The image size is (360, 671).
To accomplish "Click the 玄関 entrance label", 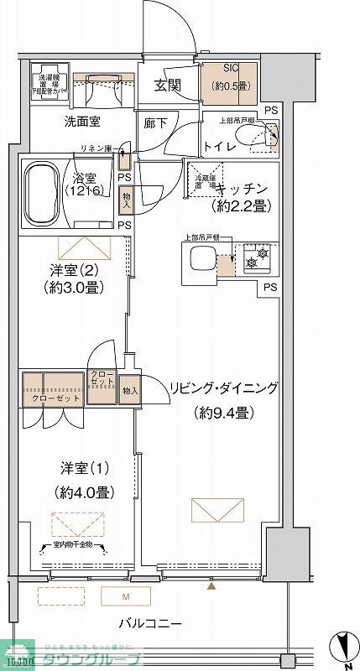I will point(168,86).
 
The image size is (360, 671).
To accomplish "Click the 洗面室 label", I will point(83,122).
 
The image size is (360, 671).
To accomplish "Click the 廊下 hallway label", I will point(155,122).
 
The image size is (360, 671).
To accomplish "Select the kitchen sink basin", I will point(202,260).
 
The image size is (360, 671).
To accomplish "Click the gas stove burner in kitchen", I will point(260,256).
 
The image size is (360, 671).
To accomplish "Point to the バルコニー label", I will point(150,624).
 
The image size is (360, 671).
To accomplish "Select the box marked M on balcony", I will point(126,597).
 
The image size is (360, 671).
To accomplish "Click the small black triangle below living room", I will point(211,586).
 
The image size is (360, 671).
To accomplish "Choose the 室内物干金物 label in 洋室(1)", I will point(72,548).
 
